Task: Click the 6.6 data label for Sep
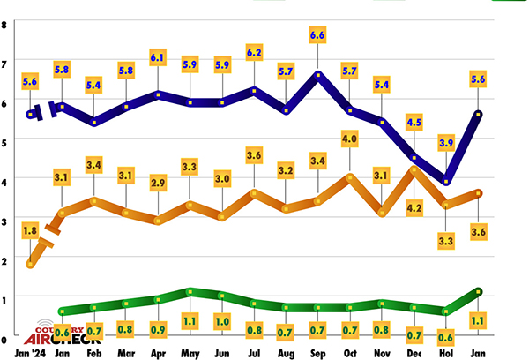[318, 34]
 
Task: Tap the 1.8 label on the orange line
[30, 232]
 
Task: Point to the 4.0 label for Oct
[350, 139]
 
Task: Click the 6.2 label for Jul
[254, 51]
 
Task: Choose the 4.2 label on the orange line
[413, 207]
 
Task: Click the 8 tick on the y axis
[4, 24]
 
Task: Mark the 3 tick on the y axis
[4, 220]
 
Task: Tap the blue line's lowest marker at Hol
[445, 181]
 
